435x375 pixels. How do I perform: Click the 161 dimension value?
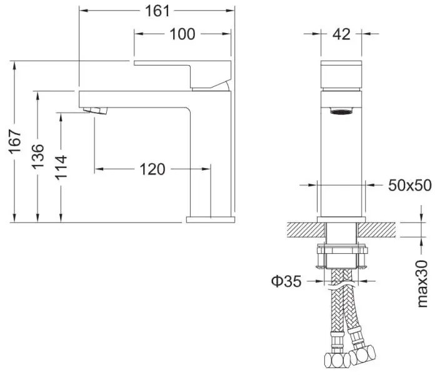(157, 11)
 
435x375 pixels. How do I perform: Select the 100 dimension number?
(182, 34)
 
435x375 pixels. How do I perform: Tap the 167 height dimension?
(14, 141)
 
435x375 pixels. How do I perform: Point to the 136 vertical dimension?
(37, 157)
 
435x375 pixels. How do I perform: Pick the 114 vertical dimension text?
(61, 167)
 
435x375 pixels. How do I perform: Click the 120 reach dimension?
(152, 169)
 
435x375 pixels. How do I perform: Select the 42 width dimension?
(341, 34)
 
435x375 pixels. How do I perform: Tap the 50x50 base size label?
(410, 185)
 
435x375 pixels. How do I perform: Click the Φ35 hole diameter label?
(286, 281)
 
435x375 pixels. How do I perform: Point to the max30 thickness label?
(422, 284)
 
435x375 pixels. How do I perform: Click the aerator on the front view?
(341, 111)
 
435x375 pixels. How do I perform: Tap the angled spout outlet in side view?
(95, 110)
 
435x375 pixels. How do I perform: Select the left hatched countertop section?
(306, 230)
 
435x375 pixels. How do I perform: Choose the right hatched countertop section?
(377, 230)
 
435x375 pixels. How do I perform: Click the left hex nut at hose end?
(337, 360)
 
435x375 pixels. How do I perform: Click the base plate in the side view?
(211, 219)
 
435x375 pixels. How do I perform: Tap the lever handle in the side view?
(182, 74)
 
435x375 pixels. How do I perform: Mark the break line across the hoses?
(341, 286)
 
